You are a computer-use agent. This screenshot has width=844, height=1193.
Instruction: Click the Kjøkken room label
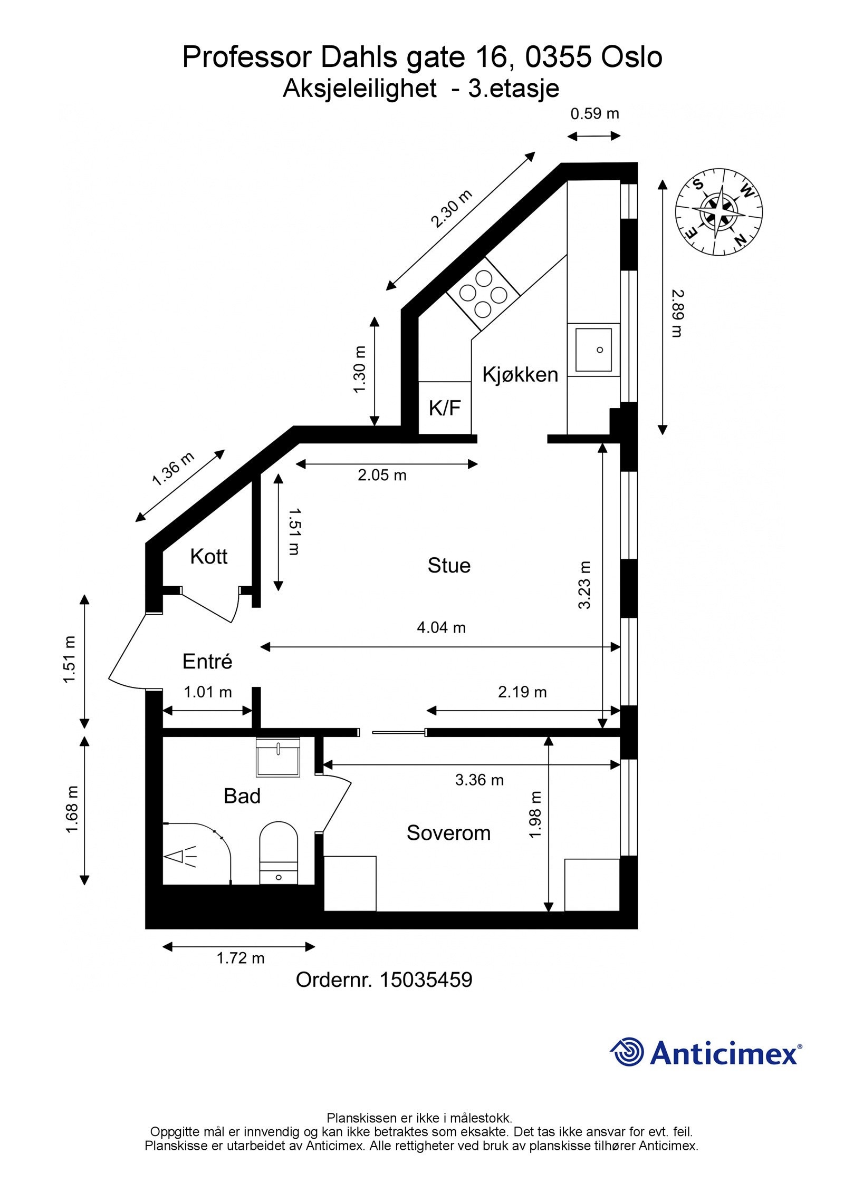520,375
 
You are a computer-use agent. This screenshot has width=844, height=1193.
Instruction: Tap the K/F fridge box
445,408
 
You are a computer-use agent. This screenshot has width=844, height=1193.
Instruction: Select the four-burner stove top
483,293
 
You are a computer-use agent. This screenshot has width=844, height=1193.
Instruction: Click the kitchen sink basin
593,350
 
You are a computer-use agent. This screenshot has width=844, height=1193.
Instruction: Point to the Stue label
449,566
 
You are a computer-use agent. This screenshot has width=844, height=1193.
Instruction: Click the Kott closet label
209,557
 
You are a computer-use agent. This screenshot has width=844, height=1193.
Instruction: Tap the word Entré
207,662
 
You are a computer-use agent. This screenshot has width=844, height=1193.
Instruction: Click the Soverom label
449,833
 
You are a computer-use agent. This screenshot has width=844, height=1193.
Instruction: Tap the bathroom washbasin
278,758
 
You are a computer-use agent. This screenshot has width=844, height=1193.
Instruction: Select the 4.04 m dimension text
442,627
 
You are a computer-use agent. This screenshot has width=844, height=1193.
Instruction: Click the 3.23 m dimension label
584,585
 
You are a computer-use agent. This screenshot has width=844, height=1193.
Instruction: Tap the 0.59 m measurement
595,113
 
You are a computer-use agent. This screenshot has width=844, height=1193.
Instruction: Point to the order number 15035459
426,979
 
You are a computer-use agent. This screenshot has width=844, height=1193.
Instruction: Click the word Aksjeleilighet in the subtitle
360,89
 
